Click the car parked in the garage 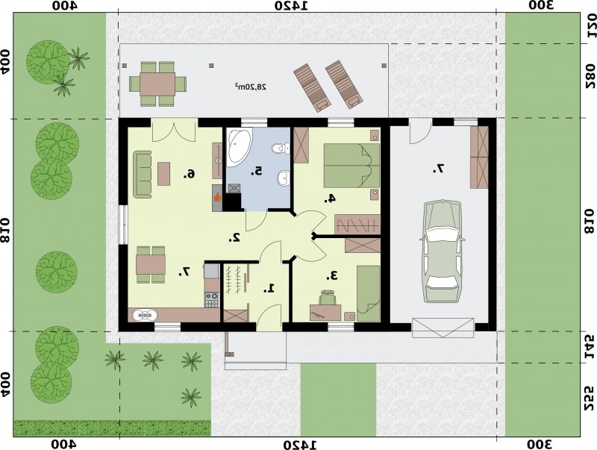(x=442, y=251)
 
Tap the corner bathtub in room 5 (x=239, y=147)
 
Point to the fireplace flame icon (x=217, y=197)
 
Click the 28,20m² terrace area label (x=250, y=87)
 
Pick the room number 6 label (x=190, y=175)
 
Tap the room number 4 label (x=330, y=198)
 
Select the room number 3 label (x=331, y=275)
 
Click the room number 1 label (x=269, y=289)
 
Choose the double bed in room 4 (x=351, y=166)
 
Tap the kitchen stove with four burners (x=212, y=299)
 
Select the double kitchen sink (x=145, y=315)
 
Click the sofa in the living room (x=142, y=175)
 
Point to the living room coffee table (x=163, y=174)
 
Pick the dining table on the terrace (x=157, y=84)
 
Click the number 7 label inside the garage (x=439, y=169)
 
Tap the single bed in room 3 (x=368, y=293)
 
